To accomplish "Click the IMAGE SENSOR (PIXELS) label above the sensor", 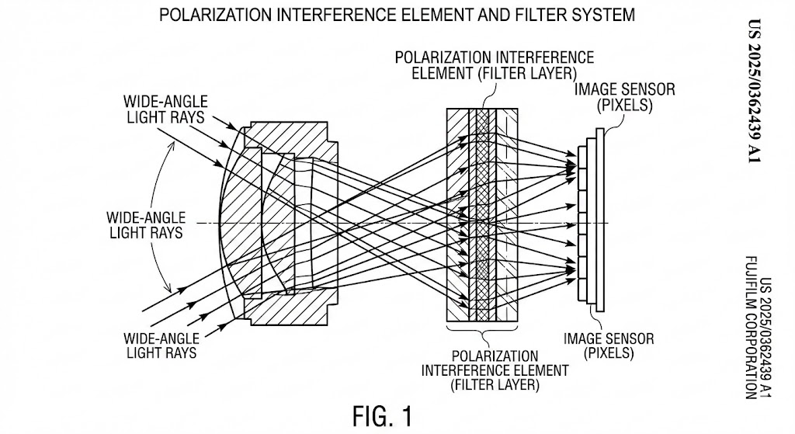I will (624, 96).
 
